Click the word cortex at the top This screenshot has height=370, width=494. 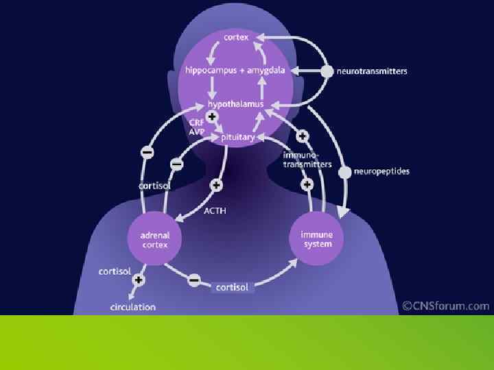(x=236, y=37)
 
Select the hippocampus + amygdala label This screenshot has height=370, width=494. (x=231, y=71)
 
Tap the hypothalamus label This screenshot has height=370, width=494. (x=236, y=104)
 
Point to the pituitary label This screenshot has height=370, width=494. (x=238, y=137)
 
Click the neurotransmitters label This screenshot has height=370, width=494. (x=372, y=71)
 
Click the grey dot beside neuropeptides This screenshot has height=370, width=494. (x=345, y=171)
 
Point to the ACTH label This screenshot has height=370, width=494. (x=215, y=211)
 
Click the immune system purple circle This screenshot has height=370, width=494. (x=316, y=239)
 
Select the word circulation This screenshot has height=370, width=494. (x=133, y=307)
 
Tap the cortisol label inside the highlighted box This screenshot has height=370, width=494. (x=233, y=287)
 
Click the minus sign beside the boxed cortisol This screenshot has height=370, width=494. (x=194, y=280)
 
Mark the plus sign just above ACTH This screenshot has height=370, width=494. (x=216, y=185)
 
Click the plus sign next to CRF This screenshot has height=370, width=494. (x=212, y=117)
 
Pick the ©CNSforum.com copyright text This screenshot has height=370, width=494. (x=446, y=306)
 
